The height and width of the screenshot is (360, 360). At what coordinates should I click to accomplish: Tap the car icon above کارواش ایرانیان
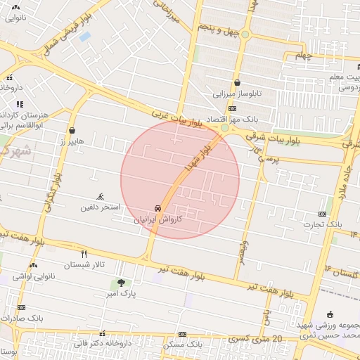point(158,209)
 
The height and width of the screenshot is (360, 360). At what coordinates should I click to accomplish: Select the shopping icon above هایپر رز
point(72,130)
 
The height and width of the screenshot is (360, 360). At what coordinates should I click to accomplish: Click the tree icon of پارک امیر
point(122,283)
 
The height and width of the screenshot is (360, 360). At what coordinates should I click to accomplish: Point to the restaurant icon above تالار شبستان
point(84,254)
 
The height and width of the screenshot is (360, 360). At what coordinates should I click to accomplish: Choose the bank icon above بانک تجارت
point(322,214)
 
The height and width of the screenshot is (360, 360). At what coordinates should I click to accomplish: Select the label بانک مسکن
point(183,345)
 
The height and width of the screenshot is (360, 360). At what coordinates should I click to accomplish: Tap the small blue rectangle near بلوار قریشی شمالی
point(84,35)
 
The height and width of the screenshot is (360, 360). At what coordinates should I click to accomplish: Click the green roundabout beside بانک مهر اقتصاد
point(224,128)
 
